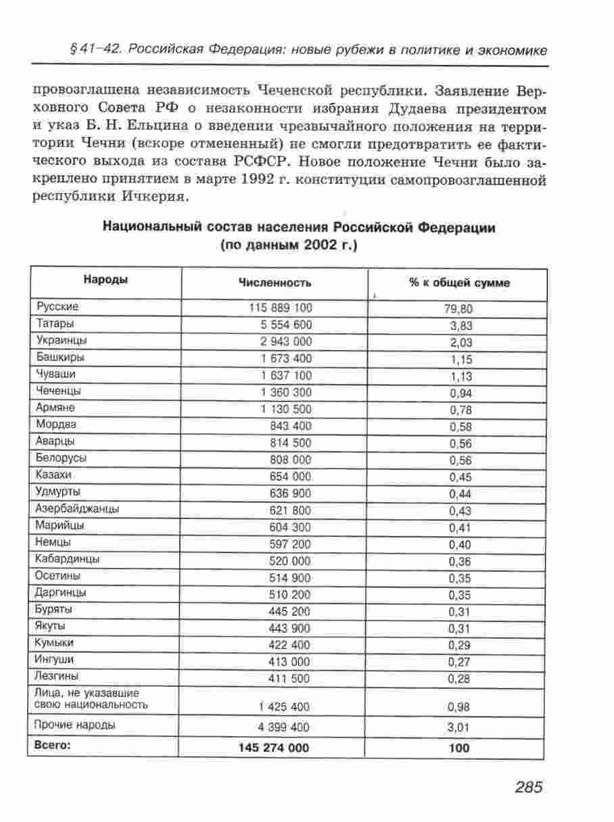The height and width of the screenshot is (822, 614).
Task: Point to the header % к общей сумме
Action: coord(459,283)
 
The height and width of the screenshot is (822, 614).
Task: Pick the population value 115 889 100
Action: coord(281,308)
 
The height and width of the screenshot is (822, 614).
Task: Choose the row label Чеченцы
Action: coord(60,391)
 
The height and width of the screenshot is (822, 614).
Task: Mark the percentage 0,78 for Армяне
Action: coord(459,410)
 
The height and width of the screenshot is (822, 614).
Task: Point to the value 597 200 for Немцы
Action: coord(290,544)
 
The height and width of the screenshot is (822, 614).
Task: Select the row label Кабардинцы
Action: coord(68,559)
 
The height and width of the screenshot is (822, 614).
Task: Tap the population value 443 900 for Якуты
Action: coord(290,629)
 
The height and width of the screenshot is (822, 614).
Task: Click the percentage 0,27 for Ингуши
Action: coord(459,662)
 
